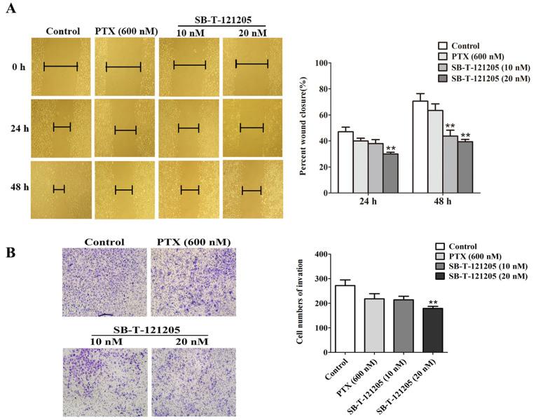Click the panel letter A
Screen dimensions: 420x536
[11, 12]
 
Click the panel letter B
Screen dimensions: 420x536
[11, 250]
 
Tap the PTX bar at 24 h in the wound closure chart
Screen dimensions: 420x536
[360, 166]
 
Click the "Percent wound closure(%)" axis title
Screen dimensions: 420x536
[299, 128]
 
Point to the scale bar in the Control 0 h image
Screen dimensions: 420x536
[64, 67]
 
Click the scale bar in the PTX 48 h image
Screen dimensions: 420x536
[123, 189]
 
